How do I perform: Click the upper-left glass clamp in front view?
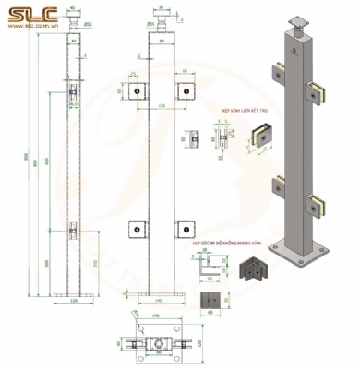(136, 90)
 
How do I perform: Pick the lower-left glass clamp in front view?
(136, 229)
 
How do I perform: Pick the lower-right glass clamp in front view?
(188, 229)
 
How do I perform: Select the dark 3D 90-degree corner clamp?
(252, 269)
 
